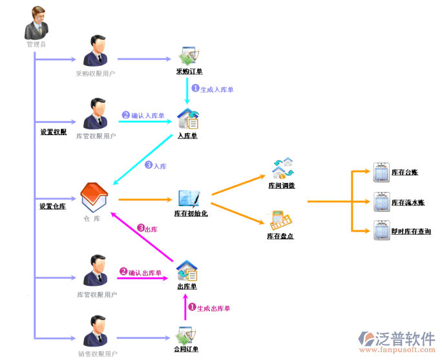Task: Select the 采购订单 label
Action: point(189,72)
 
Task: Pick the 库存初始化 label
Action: point(191,214)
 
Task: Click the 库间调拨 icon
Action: point(282,168)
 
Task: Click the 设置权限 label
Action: point(53,132)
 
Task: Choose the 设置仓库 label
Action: point(53,207)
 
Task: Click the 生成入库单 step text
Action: point(216,90)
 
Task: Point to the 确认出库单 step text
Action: point(145,273)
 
